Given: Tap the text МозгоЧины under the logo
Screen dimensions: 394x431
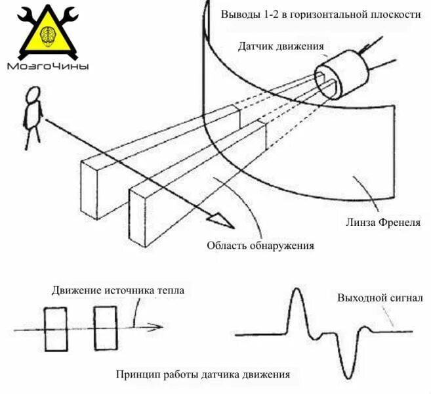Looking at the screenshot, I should (47, 66).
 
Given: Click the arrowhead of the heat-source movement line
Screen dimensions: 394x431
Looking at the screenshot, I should (157, 327).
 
